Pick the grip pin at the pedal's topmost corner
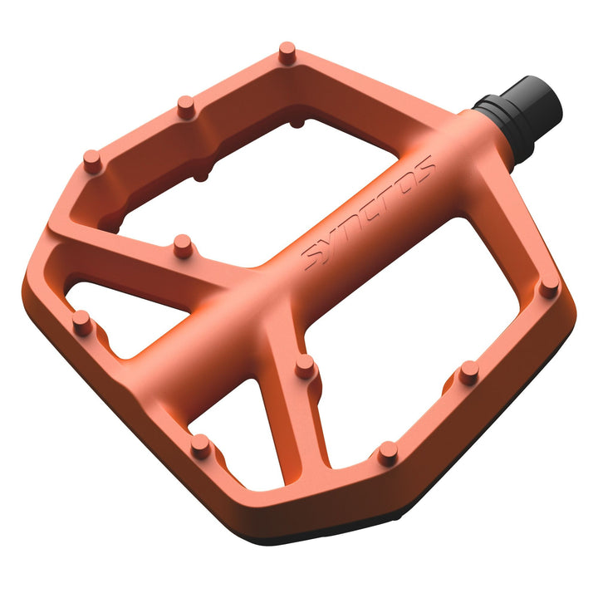[x=287, y=52]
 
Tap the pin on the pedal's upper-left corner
[x=93, y=160]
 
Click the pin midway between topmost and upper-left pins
[x=186, y=106]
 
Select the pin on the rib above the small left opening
[x=182, y=245]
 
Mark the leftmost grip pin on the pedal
[x=81, y=321]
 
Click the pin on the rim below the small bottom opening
[x=200, y=445]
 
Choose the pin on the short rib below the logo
[x=305, y=365]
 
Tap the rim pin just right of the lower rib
[x=387, y=452]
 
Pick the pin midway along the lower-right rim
[x=468, y=371]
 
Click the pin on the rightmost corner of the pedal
[x=548, y=287]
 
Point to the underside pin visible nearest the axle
[x=297, y=123]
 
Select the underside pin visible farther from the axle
[x=200, y=174]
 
